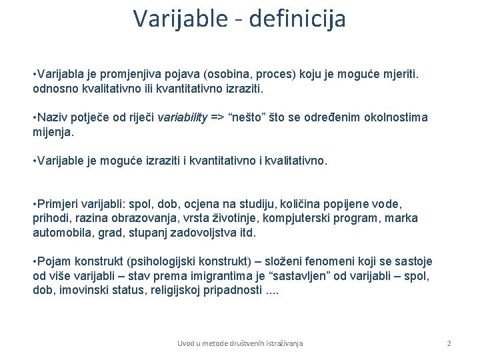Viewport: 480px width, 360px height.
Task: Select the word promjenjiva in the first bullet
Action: click(x=150, y=71)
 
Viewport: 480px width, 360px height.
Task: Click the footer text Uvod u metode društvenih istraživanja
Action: click(x=240, y=343)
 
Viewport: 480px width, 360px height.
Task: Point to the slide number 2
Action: click(x=449, y=343)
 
